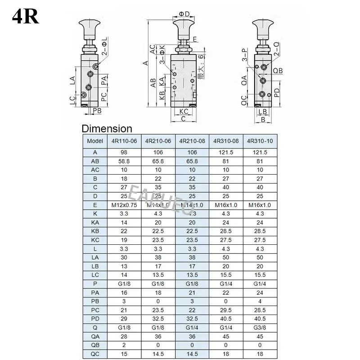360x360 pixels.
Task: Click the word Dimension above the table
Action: tap(107, 129)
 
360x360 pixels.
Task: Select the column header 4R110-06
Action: tap(124, 140)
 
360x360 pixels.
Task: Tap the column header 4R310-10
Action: tap(261, 140)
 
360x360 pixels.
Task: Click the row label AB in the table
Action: tap(94, 161)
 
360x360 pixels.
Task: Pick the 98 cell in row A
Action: tap(124, 152)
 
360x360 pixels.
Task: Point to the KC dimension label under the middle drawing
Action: tap(183, 111)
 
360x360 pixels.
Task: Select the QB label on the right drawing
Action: tap(278, 71)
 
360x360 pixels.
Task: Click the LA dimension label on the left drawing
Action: tap(72, 80)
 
